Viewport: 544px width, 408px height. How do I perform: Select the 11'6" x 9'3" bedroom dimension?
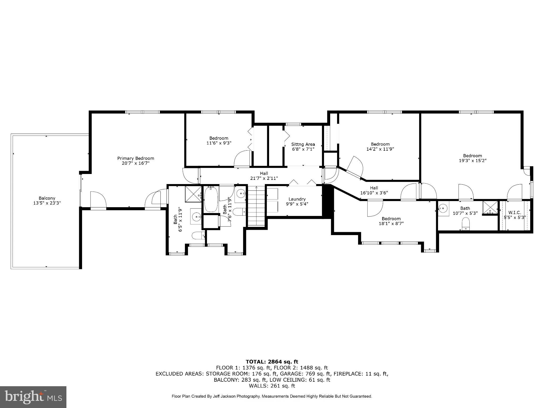pos(219,143)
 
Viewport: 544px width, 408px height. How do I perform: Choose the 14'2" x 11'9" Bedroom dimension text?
pos(380,149)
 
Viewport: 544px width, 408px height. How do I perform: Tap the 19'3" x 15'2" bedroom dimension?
pos(473,160)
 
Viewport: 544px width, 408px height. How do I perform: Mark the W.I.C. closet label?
pos(515,212)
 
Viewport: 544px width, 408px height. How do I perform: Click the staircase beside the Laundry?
pos(256,206)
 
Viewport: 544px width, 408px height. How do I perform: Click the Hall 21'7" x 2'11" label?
pos(264,176)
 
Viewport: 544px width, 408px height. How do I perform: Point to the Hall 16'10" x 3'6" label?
pos(374,190)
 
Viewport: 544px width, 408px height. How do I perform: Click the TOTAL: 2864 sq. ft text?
pos(272,362)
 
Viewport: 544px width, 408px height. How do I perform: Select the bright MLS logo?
pos(33,397)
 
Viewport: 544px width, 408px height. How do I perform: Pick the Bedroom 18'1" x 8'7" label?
pos(391,221)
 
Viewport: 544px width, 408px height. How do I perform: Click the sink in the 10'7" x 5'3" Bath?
pos(443,208)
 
